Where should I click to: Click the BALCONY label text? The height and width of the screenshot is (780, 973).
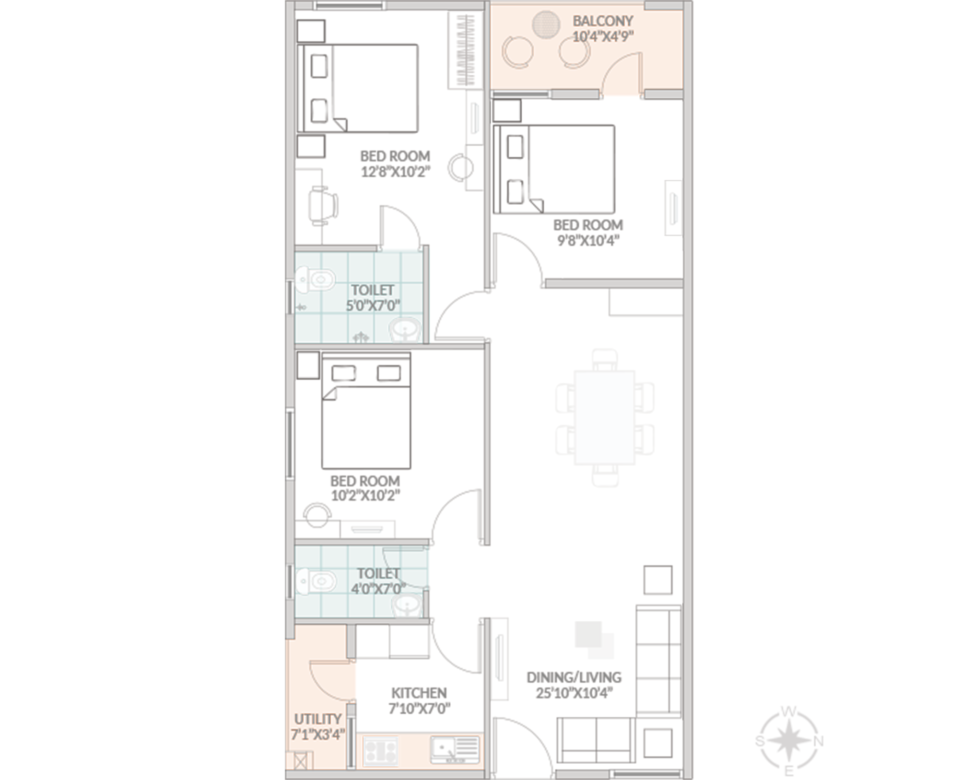pos(603,21)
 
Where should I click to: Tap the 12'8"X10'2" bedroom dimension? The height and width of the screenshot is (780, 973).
pos(395,172)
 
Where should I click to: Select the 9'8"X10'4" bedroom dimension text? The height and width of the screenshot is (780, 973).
pos(588,240)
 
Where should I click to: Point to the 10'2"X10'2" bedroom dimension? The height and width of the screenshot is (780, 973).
pos(365,495)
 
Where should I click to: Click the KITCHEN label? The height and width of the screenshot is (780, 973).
pos(419,693)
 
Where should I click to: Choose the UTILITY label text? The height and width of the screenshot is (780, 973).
pos(317,719)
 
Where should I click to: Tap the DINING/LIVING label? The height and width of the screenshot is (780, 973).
pos(574,677)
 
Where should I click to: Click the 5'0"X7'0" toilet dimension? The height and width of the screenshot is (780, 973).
pos(373,305)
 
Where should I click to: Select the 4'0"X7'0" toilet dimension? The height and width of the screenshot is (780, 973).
pos(379,588)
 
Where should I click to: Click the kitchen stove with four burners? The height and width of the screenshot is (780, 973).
pos(381,751)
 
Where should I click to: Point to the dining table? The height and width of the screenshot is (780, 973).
pos(604,418)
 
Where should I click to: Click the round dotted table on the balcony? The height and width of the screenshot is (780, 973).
pos(546,24)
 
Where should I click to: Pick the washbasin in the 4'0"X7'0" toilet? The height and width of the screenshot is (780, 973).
pos(407,606)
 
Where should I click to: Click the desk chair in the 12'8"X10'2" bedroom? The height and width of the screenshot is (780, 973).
pos(323,206)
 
